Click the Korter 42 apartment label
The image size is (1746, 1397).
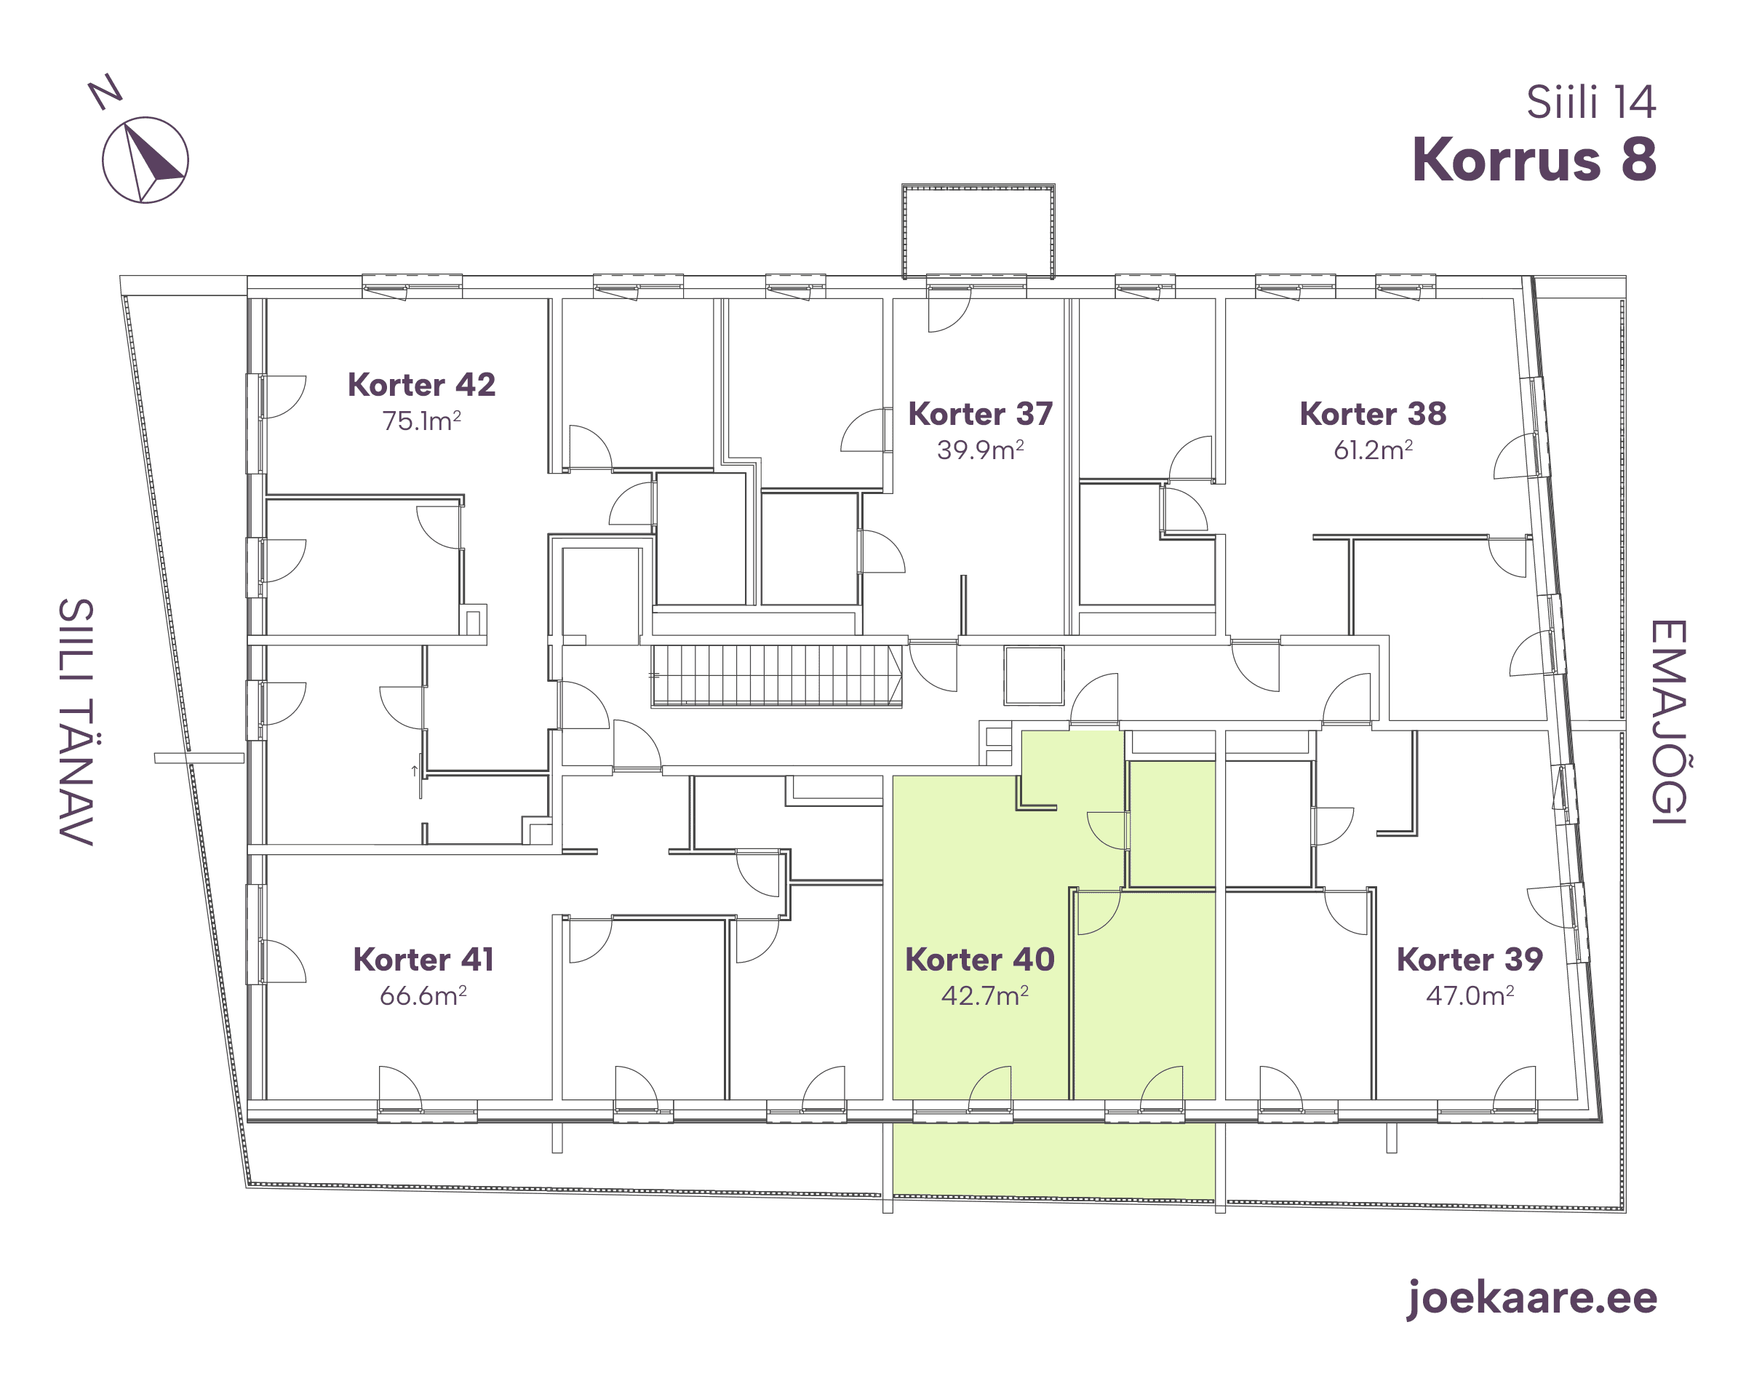coord(421,385)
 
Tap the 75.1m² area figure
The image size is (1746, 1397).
coord(421,421)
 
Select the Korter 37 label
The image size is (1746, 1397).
coord(980,414)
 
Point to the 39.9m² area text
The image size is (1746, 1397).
coord(980,450)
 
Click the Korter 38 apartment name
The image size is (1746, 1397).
coord(1373,414)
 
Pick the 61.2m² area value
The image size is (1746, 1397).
coord(1373,450)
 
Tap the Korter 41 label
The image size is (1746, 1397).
coord(423,960)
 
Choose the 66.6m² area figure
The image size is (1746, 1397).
coord(423,995)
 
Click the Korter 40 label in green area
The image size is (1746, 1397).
coord(980,960)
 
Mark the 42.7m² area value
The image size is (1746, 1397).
coord(984,995)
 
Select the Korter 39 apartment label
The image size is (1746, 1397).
coord(1470,960)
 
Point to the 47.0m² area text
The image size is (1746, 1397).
coord(1470,995)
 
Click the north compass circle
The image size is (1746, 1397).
coord(103,160)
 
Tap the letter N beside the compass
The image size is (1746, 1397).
coord(105,92)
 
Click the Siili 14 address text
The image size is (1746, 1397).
coord(1591,103)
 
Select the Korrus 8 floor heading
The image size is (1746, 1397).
coord(1534,159)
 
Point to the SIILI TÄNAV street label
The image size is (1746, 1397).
coord(76,723)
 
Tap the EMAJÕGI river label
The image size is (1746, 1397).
coord(1668,723)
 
